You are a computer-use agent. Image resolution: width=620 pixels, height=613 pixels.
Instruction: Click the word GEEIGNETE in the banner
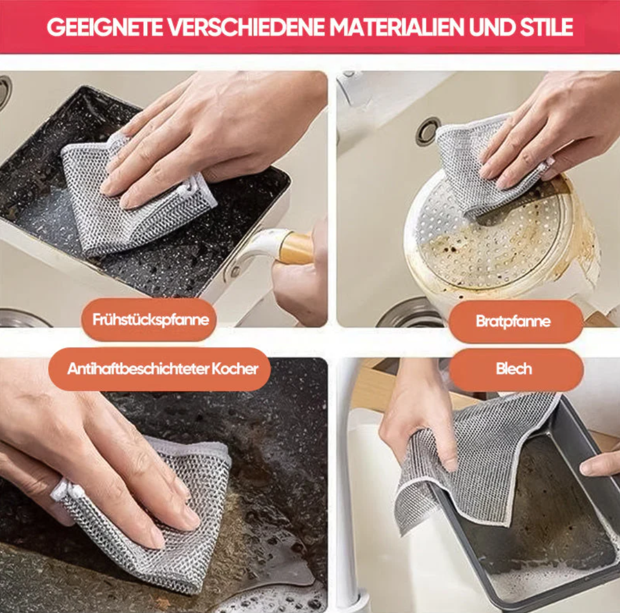coord(104,27)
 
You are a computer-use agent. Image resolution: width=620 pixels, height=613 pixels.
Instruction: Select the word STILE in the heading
coord(546,27)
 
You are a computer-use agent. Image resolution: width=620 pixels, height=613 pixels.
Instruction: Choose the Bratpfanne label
coord(516,321)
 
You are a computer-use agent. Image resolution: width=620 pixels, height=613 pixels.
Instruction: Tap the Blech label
coord(516,370)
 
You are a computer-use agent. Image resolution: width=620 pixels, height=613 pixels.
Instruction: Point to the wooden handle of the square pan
coord(296,249)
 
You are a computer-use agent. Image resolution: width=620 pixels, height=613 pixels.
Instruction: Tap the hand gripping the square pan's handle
coord(301,273)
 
